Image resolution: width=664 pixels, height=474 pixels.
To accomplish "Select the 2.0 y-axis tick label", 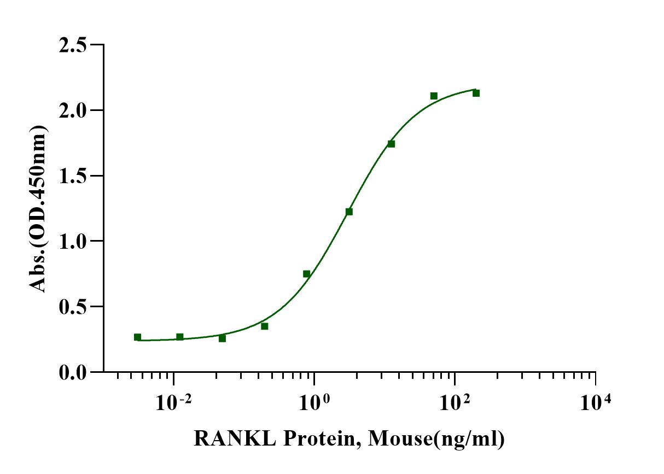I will tap(74, 110).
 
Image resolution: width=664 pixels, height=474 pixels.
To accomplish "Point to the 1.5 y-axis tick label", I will tap(74, 176).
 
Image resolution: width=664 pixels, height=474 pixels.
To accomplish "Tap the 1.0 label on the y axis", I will tap(74, 241).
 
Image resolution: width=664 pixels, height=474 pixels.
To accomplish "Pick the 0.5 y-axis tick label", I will tap(74, 307).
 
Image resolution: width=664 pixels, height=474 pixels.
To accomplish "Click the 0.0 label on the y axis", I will tap(74, 372).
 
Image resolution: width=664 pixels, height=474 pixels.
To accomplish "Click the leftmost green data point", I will tap(137, 337).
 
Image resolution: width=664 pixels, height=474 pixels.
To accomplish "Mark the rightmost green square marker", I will tap(476, 93).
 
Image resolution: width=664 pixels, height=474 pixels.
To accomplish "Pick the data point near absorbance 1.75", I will tap(391, 144).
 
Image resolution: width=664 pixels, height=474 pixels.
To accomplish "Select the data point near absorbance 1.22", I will tap(349, 212).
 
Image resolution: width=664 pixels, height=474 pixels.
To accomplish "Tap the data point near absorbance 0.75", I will tap(307, 274).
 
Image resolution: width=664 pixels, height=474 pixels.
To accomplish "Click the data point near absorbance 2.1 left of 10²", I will tap(434, 96).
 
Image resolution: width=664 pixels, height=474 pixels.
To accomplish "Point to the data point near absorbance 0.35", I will tap(265, 326).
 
